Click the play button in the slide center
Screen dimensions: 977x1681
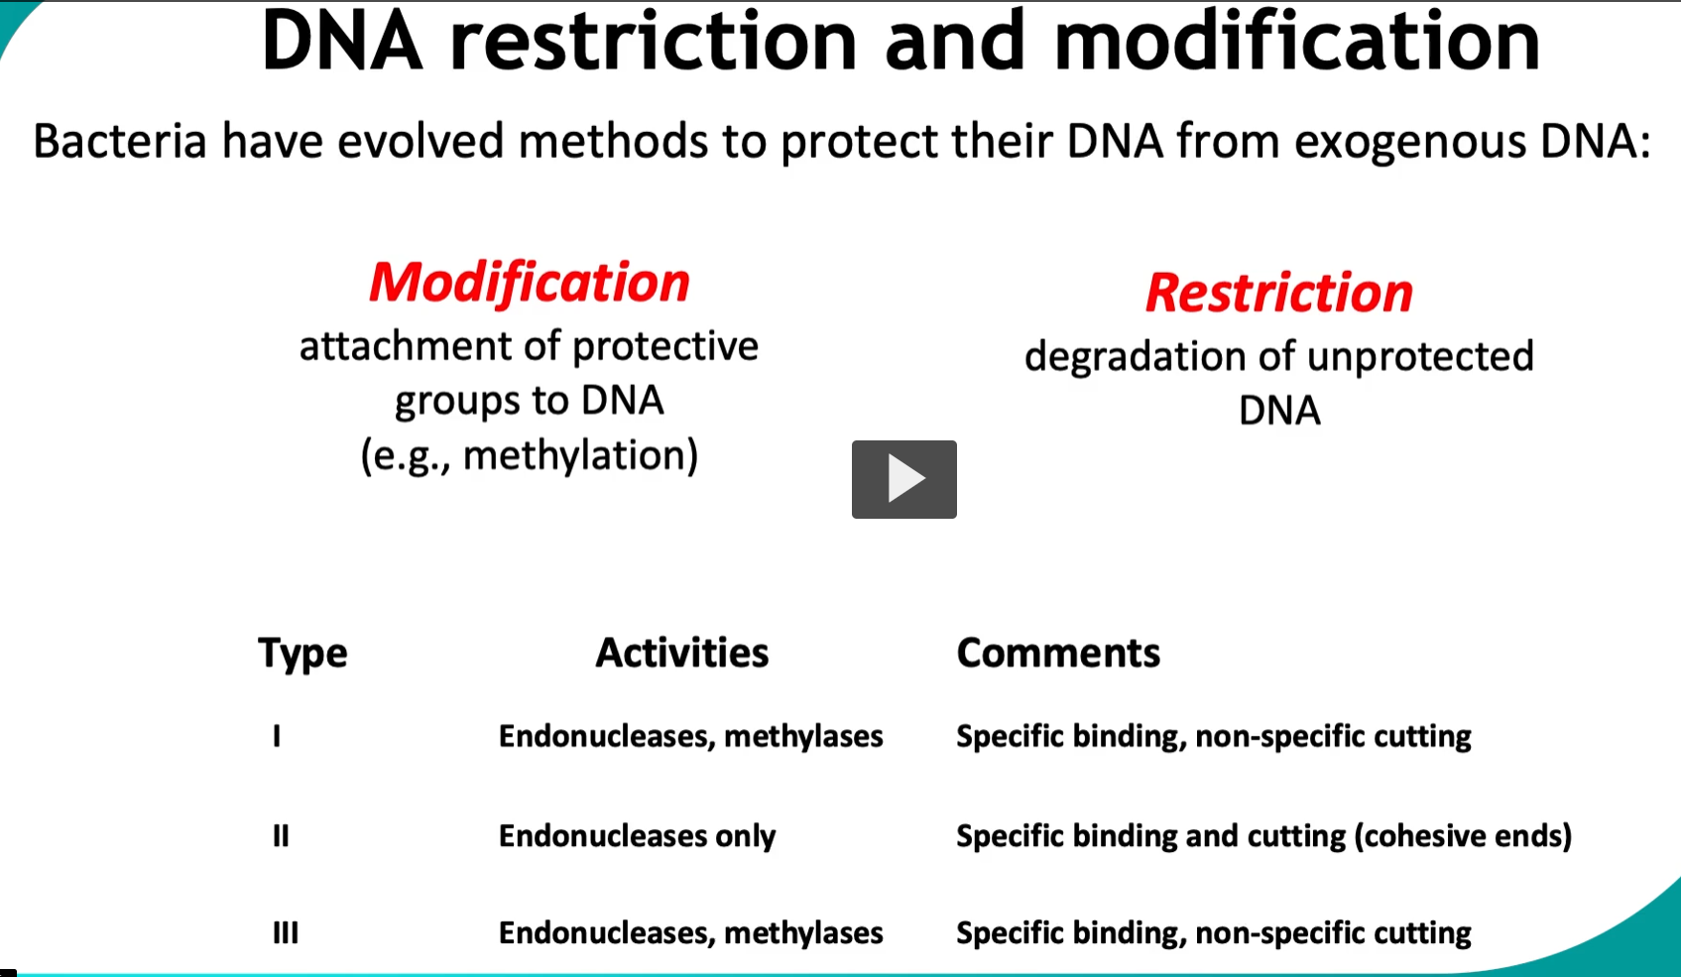[x=903, y=479]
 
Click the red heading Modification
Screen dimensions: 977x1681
[x=530, y=283]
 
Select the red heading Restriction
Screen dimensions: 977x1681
[x=1278, y=293]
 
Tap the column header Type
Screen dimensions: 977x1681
[x=302, y=653]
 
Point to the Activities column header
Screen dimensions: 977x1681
[x=682, y=653]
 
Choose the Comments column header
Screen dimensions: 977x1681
[x=1058, y=653]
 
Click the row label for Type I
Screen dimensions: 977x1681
[x=277, y=736]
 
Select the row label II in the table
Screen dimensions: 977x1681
[x=281, y=836]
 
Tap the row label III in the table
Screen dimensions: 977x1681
[x=286, y=933]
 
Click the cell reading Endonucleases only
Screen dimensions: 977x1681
[x=637, y=836]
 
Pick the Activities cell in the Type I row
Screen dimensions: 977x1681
[x=690, y=736]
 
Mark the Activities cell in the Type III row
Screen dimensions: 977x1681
[x=690, y=933]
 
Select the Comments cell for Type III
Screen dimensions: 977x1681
[x=1213, y=933]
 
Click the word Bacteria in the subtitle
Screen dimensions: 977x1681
[x=119, y=141]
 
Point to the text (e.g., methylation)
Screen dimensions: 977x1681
[x=530, y=455]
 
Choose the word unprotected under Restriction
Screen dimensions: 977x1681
[x=1419, y=356]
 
